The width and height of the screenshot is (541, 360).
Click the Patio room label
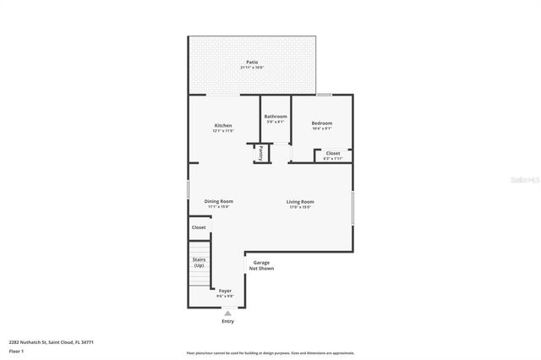pyautogui.click(x=252, y=62)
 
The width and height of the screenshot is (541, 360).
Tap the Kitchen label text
pyautogui.click(x=222, y=126)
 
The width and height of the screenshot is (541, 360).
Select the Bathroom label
pyautogui.click(x=276, y=117)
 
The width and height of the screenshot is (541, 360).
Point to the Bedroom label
pyautogui.click(x=321, y=123)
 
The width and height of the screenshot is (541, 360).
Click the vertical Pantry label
pyautogui.click(x=260, y=153)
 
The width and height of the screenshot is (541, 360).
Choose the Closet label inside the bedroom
pyautogui.click(x=333, y=153)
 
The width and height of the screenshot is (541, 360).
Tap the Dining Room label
pyautogui.click(x=219, y=201)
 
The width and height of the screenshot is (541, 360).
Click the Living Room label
pyautogui.click(x=300, y=202)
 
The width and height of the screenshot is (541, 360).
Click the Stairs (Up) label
pyautogui.click(x=199, y=263)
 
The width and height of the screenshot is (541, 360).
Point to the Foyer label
pyautogui.click(x=225, y=291)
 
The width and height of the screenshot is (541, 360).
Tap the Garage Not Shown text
pyautogui.click(x=261, y=265)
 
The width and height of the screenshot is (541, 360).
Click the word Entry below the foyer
pyautogui.click(x=227, y=321)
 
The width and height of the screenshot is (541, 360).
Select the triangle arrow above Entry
pyautogui.click(x=227, y=314)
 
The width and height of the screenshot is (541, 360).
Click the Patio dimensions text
pyautogui.click(x=252, y=68)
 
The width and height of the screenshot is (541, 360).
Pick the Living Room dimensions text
pyautogui.click(x=300, y=207)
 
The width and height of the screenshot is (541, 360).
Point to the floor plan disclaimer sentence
pyautogui.click(x=270, y=352)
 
